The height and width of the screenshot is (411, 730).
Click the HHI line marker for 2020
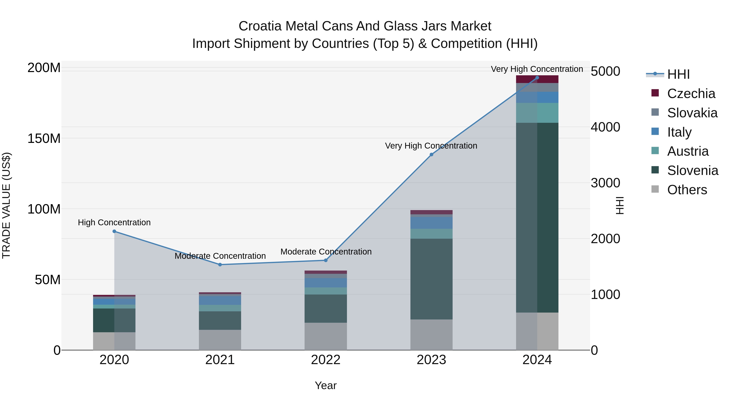click(114, 231)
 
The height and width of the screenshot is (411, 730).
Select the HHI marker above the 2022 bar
click(326, 260)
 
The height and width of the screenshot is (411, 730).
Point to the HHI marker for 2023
click(431, 155)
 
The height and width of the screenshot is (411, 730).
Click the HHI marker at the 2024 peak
click(537, 78)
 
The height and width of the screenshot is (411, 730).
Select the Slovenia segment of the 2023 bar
click(431, 279)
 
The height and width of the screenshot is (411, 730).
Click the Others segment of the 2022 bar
click(326, 336)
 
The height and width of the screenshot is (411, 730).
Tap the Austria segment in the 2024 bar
click(537, 113)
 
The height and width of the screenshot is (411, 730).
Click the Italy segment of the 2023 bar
click(431, 223)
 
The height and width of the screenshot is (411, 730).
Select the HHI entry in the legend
click(678, 74)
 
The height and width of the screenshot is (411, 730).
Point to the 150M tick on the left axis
click(44, 138)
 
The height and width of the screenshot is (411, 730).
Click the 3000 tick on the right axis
click(605, 183)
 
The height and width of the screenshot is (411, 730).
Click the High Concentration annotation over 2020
click(114, 222)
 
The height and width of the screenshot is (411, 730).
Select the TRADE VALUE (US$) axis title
click(6, 205)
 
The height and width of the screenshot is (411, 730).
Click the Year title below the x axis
click(326, 385)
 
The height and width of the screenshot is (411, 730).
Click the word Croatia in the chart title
click(260, 26)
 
